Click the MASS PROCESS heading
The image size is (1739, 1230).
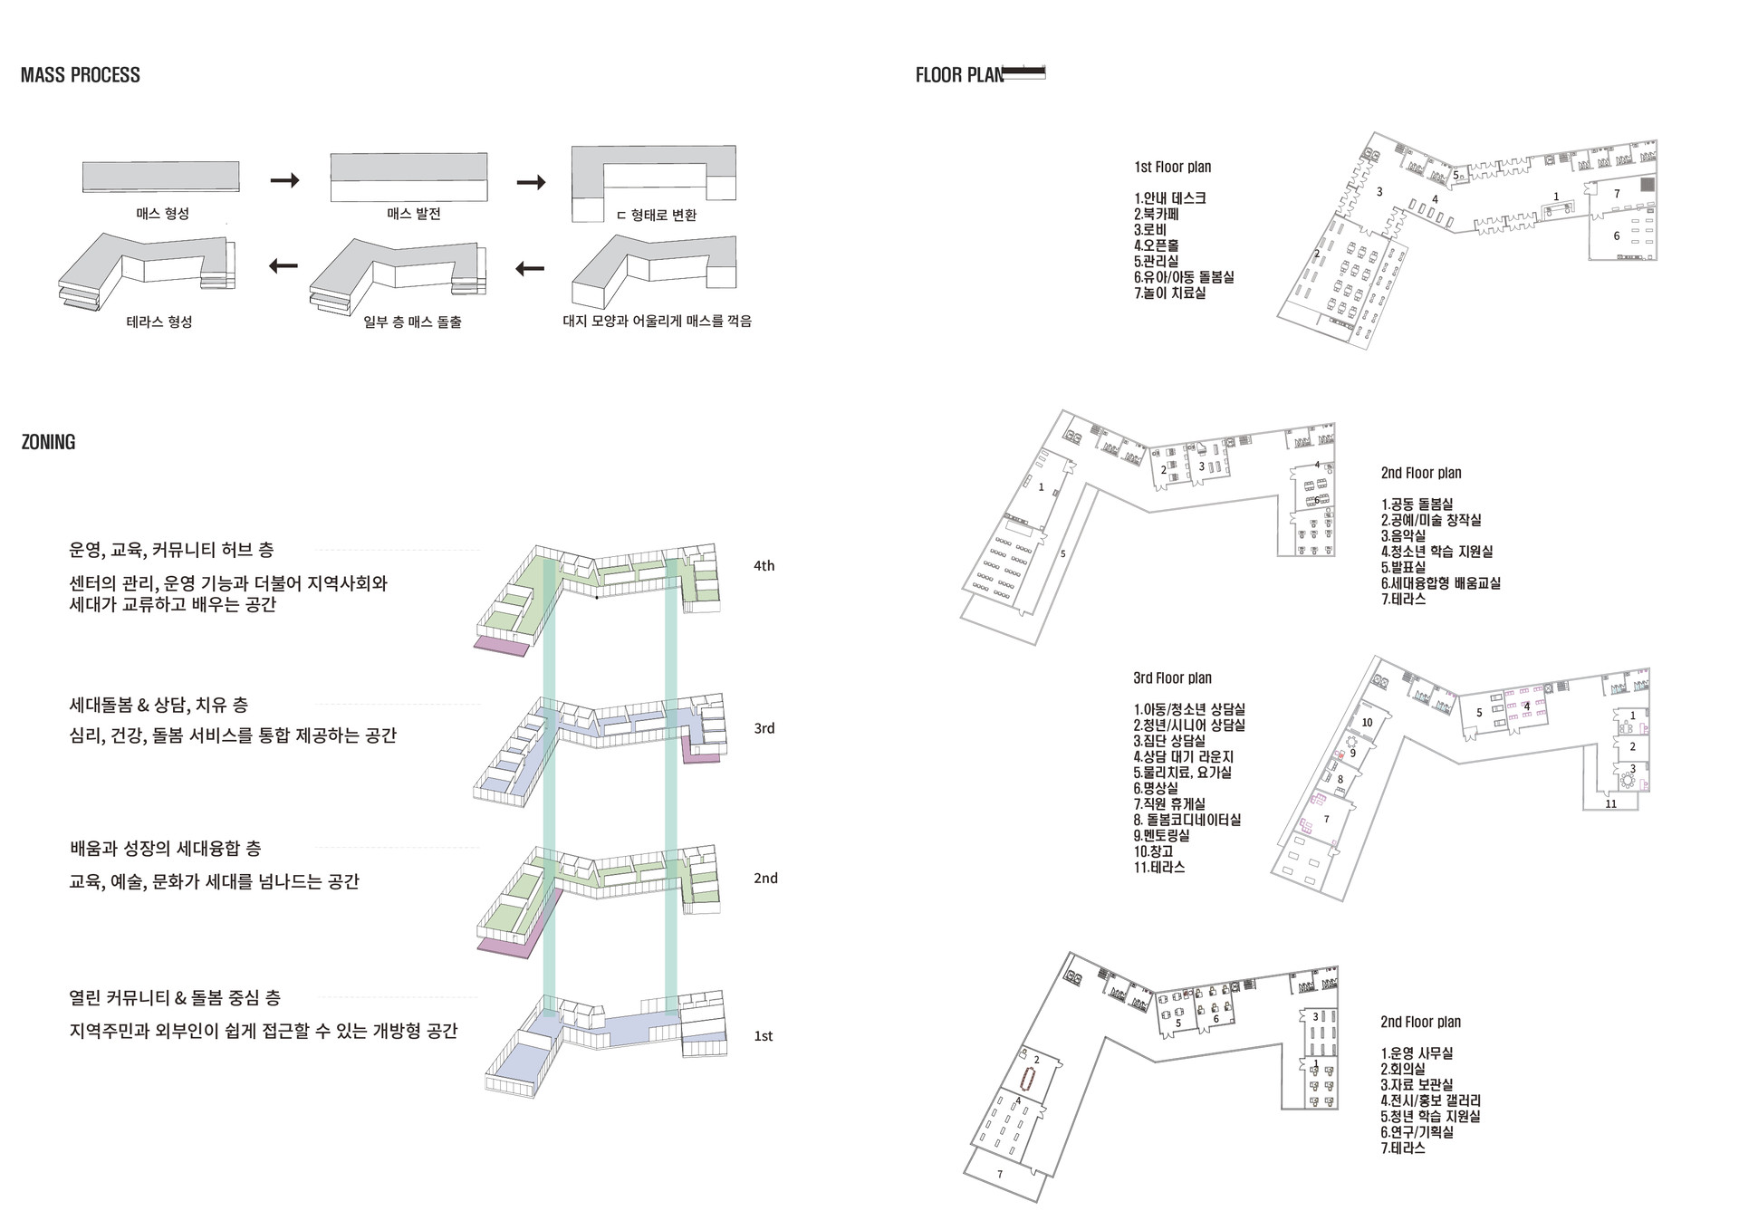(x=80, y=75)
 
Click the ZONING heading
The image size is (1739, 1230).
(x=48, y=442)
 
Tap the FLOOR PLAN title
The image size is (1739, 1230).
(x=960, y=75)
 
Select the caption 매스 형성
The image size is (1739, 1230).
(x=162, y=214)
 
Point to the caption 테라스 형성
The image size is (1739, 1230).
(x=159, y=322)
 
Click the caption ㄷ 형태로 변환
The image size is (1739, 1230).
(x=656, y=215)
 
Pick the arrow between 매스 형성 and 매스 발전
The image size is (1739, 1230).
(x=284, y=181)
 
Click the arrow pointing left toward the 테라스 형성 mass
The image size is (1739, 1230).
(x=283, y=266)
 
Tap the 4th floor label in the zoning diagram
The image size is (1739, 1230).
(x=764, y=566)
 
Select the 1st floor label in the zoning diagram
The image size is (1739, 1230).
(x=764, y=1036)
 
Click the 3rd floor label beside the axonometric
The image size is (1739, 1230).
(x=764, y=728)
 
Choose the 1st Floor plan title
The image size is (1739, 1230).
(x=1172, y=168)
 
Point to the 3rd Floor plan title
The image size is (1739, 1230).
(x=1172, y=678)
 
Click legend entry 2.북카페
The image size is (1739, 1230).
(x=1156, y=215)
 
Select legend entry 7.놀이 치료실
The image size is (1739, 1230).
(x=1169, y=293)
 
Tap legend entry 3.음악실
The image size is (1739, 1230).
(x=1404, y=536)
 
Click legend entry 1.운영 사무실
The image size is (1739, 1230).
(x=1417, y=1053)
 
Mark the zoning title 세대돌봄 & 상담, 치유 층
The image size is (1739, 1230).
(x=159, y=705)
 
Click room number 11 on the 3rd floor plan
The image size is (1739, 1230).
(x=1610, y=803)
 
